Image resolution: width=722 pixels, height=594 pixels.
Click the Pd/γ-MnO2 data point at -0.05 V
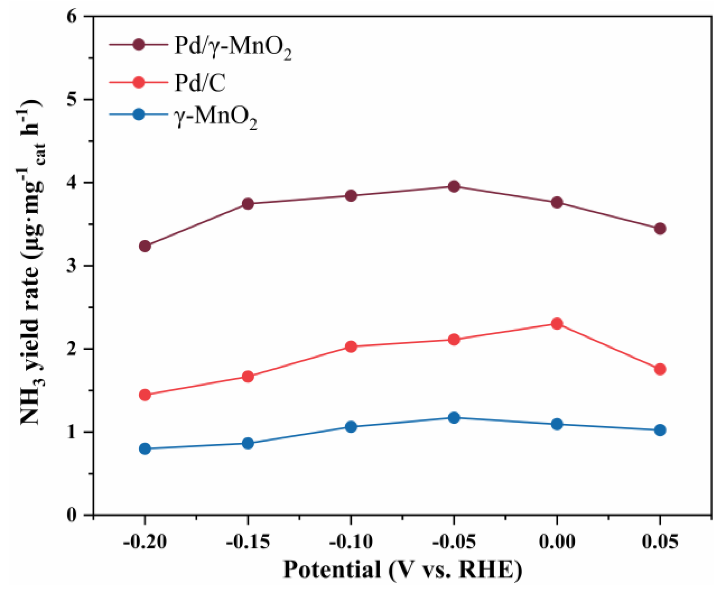coord(453,186)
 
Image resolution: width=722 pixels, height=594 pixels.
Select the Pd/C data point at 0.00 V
coord(556,323)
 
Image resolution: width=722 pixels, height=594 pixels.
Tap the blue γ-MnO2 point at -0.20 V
coord(145,448)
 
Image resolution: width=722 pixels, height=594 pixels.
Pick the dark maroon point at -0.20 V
coord(145,246)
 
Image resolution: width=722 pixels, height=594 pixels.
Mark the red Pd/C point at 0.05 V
coord(660,369)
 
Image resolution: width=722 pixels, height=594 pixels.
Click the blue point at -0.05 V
coord(453,417)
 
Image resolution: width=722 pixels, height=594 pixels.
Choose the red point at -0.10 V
coord(351,346)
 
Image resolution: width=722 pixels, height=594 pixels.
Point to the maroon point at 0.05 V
coord(660,228)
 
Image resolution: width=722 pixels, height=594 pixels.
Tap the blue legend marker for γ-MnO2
coord(138,114)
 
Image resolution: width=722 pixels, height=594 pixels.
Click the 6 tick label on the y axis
coord(72,17)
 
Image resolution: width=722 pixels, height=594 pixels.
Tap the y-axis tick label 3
coord(72,266)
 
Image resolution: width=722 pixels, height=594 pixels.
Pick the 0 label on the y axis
coord(72,515)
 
